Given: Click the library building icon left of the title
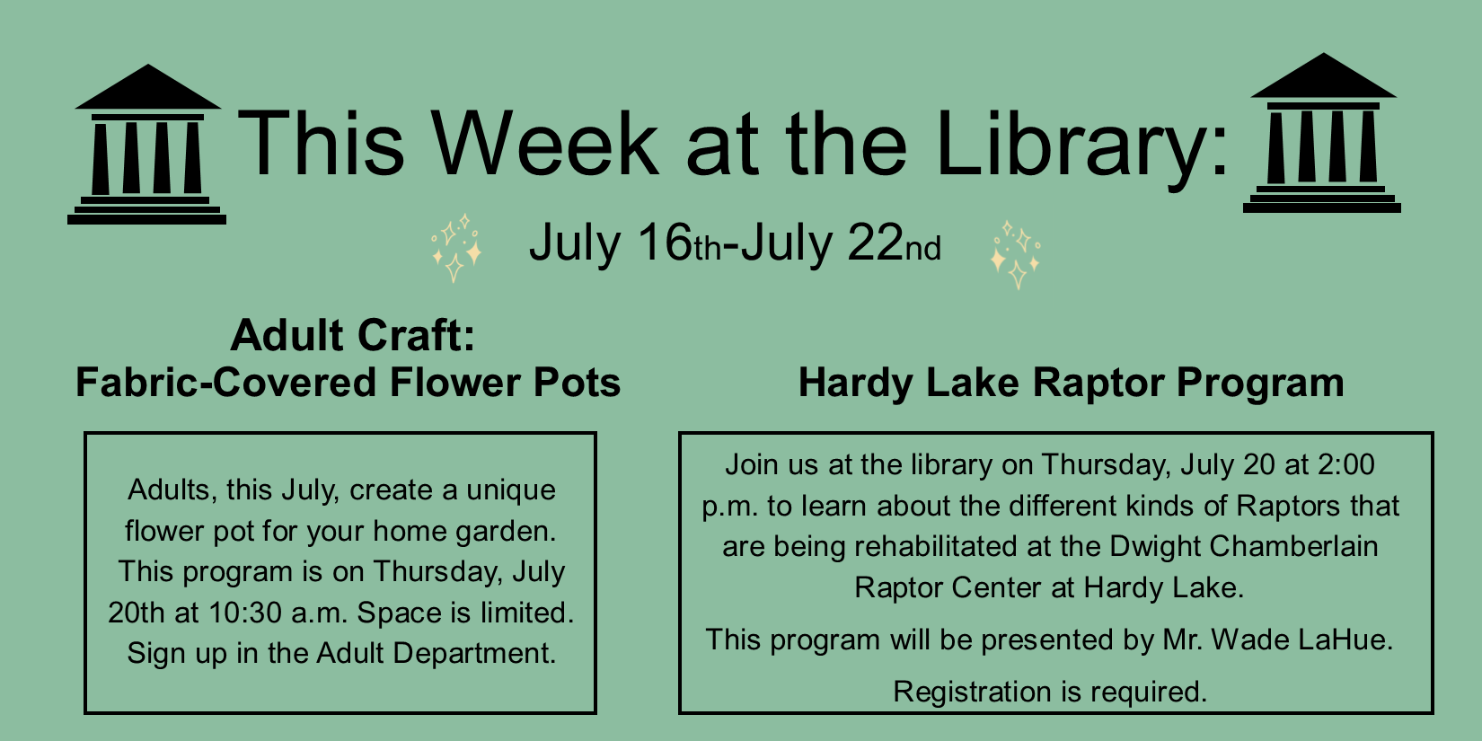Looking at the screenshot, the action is [x=146, y=145].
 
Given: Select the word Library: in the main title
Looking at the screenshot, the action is [x=1082, y=149].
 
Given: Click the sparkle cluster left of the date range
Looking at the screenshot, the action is [x=456, y=248].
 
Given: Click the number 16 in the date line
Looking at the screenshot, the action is [x=665, y=243].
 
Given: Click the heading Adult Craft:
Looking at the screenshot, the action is [x=353, y=335].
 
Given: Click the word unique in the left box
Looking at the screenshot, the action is [x=511, y=490].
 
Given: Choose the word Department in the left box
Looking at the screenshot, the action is [x=474, y=654].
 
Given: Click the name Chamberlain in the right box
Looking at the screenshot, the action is [x=1293, y=546].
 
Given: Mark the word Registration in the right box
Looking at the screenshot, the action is [x=972, y=692].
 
